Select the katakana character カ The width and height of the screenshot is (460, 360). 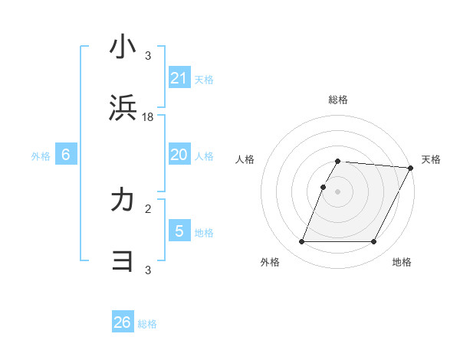(123, 201)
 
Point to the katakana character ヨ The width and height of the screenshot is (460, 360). (123, 263)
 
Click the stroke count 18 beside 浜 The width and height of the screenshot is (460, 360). (148, 117)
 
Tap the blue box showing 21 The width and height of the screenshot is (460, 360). (179, 78)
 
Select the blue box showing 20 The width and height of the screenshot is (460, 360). (179, 155)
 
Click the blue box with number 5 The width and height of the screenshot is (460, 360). (179, 231)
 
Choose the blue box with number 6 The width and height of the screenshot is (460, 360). (66, 155)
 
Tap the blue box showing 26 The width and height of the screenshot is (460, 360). (122, 322)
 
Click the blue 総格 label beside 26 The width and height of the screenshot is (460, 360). (147, 324)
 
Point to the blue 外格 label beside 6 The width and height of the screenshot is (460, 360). (41, 156)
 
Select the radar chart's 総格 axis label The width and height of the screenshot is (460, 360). (338, 100)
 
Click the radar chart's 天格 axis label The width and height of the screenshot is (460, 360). (431, 159)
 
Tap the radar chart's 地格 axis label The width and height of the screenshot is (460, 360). (402, 262)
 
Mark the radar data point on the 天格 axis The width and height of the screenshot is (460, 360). (411, 168)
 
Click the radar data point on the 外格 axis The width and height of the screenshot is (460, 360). (301, 242)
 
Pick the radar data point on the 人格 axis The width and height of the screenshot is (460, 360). (323, 187)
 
